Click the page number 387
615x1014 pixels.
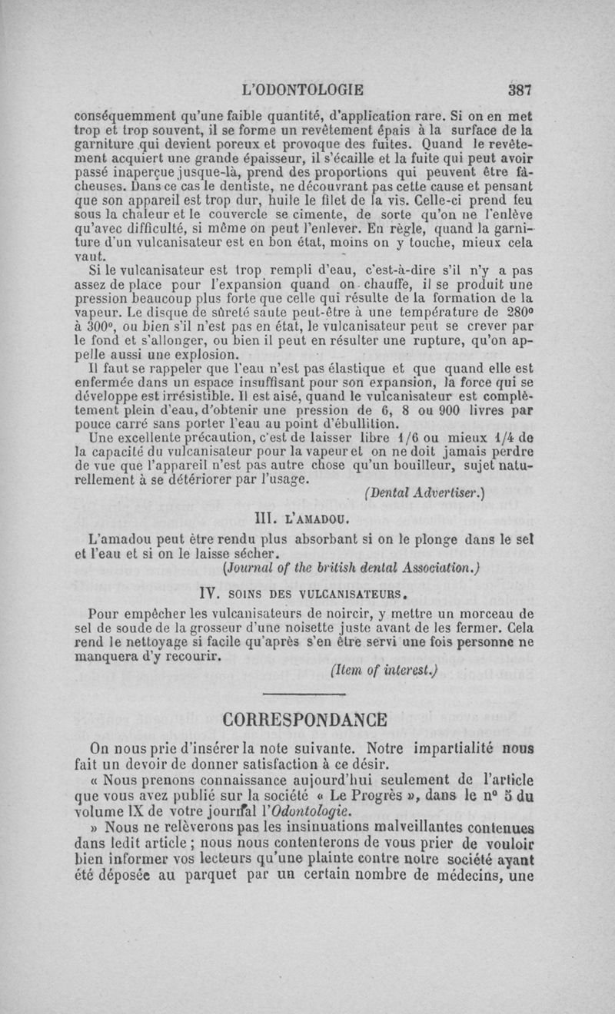tap(520, 88)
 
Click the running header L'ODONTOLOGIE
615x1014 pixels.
tap(302, 88)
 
